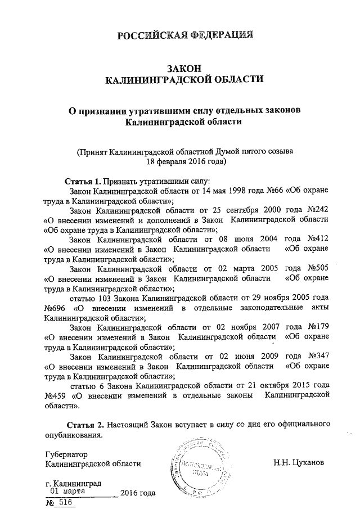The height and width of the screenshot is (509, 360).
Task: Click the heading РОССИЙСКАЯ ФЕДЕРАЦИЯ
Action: click(x=184, y=36)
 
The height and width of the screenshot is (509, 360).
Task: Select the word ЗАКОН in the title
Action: click(x=184, y=67)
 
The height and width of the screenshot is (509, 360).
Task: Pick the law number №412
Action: click(x=316, y=239)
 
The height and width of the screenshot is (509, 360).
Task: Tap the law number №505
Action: click(x=316, y=268)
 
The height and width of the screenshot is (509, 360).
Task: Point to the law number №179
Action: click(x=316, y=327)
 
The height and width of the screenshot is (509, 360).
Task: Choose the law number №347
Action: click(x=316, y=356)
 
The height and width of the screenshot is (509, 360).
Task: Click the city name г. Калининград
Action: click(x=73, y=483)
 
